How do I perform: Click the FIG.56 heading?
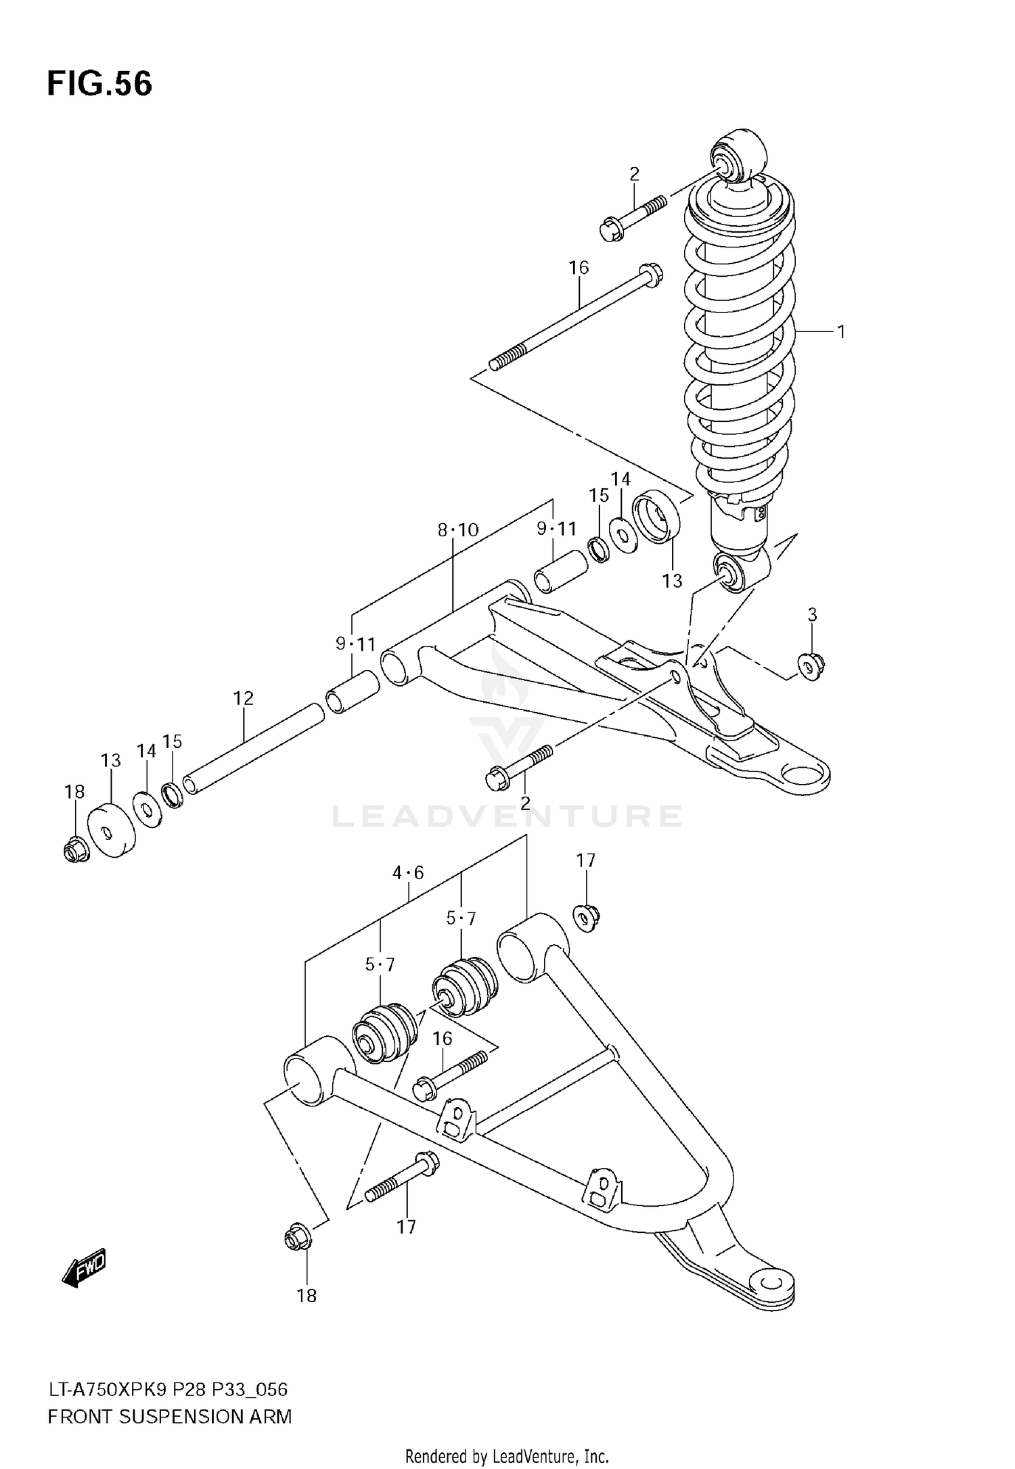click(x=99, y=85)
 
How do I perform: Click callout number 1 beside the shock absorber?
click(x=841, y=331)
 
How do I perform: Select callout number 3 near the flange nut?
click(x=812, y=614)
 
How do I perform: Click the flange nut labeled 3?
click(x=810, y=667)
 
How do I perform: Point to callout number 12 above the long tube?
click(x=243, y=698)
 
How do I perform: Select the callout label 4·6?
click(x=408, y=872)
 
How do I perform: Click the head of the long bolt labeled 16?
click(x=650, y=273)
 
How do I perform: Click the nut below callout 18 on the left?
click(x=75, y=849)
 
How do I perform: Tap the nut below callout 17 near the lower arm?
click(x=587, y=917)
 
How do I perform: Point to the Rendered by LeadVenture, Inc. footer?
click(x=507, y=1456)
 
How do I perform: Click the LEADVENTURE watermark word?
click(x=506, y=816)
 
